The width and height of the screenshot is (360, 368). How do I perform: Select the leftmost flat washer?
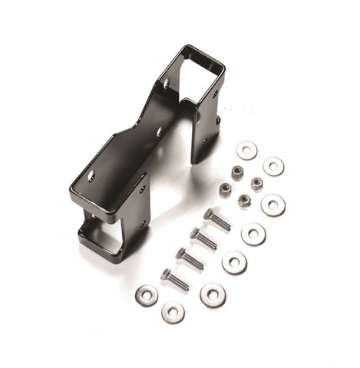(147, 294)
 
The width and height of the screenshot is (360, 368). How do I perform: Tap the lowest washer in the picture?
(173, 312)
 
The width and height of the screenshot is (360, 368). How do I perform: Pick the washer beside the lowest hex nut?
(272, 205)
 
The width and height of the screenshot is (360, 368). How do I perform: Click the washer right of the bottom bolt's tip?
(213, 294)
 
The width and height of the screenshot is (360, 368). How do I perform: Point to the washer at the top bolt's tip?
(253, 233)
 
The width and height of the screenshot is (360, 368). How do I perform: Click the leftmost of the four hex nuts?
(225, 189)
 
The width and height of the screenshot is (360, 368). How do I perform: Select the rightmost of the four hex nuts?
(256, 184)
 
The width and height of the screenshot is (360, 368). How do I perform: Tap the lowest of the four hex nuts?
(244, 200)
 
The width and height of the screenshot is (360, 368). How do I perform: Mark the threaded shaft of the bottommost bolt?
(179, 282)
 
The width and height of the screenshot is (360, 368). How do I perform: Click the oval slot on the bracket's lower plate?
(91, 176)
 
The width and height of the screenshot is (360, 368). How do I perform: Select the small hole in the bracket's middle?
(159, 132)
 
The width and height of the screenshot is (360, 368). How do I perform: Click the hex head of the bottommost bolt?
(165, 274)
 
